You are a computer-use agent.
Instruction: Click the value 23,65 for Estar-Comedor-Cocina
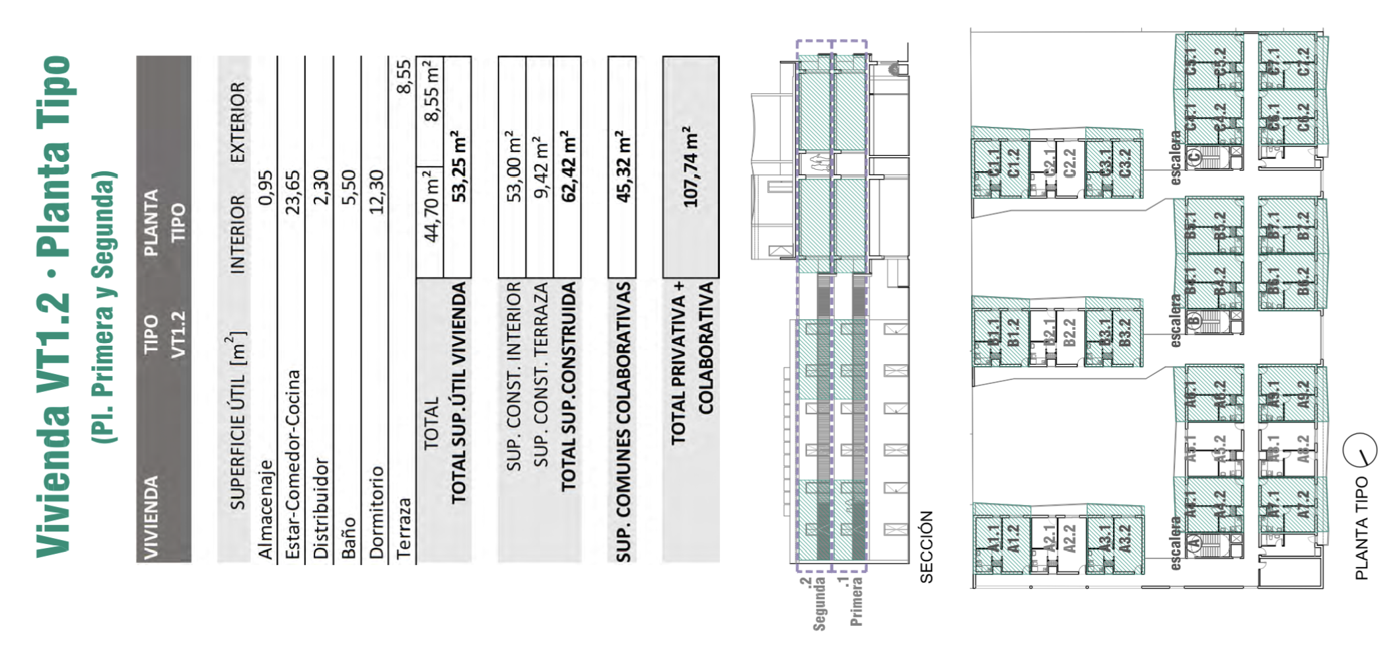[292, 192]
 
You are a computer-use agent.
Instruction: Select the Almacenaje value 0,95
[264, 188]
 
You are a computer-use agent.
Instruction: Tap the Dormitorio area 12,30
[376, 192]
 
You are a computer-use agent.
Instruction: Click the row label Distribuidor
[320, 508]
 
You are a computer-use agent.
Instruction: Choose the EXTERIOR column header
[237, 122]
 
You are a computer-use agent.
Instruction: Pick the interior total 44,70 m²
[431, 206]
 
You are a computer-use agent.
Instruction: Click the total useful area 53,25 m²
[458, 166]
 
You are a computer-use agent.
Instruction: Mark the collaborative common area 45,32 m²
[622, 166]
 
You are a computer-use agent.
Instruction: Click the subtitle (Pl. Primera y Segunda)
[104, 307]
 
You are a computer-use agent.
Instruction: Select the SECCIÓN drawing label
[926, 547]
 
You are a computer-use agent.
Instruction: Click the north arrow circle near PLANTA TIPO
[1359, 450]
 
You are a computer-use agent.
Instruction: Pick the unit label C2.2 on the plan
[1070, 163]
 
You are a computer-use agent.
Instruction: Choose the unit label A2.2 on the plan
[1070, 538]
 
